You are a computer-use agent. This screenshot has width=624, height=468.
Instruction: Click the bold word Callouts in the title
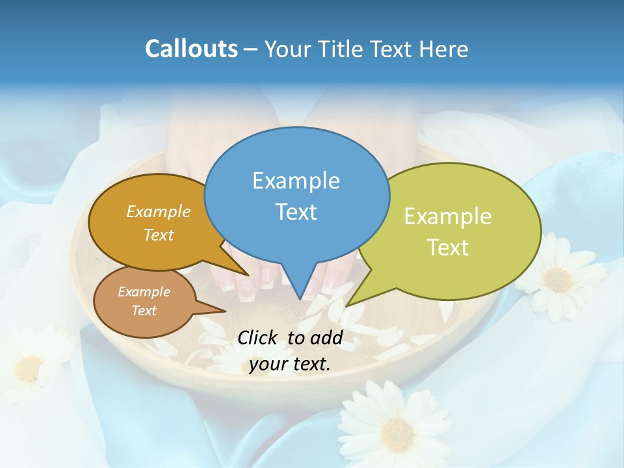coord(191,49)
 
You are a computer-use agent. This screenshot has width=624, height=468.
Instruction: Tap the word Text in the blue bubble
coord(296,211)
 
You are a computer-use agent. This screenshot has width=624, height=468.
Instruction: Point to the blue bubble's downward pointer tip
coord(300,299)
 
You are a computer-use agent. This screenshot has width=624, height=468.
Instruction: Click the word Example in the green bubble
coord(448,216)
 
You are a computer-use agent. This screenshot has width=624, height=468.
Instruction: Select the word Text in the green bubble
coord(448,247)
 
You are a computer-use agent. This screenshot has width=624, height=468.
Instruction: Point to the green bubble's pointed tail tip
coord(346,305)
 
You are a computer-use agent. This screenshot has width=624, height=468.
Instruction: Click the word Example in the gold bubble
coord(158,211)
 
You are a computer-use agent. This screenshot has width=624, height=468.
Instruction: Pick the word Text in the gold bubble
coord(158,235)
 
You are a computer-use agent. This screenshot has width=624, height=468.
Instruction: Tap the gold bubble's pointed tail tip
coord(248,275)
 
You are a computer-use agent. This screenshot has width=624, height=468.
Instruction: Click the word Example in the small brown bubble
coord(144,292)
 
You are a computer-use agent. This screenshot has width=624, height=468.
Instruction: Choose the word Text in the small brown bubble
coord(144,310)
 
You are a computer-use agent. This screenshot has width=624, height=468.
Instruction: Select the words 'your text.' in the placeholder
coord(290,364)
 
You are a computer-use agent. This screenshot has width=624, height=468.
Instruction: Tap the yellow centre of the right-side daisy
coord(557,279)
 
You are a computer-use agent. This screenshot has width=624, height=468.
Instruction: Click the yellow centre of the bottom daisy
coord(397,432)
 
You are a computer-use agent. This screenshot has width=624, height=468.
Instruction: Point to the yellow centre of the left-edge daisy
coord(29,369)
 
